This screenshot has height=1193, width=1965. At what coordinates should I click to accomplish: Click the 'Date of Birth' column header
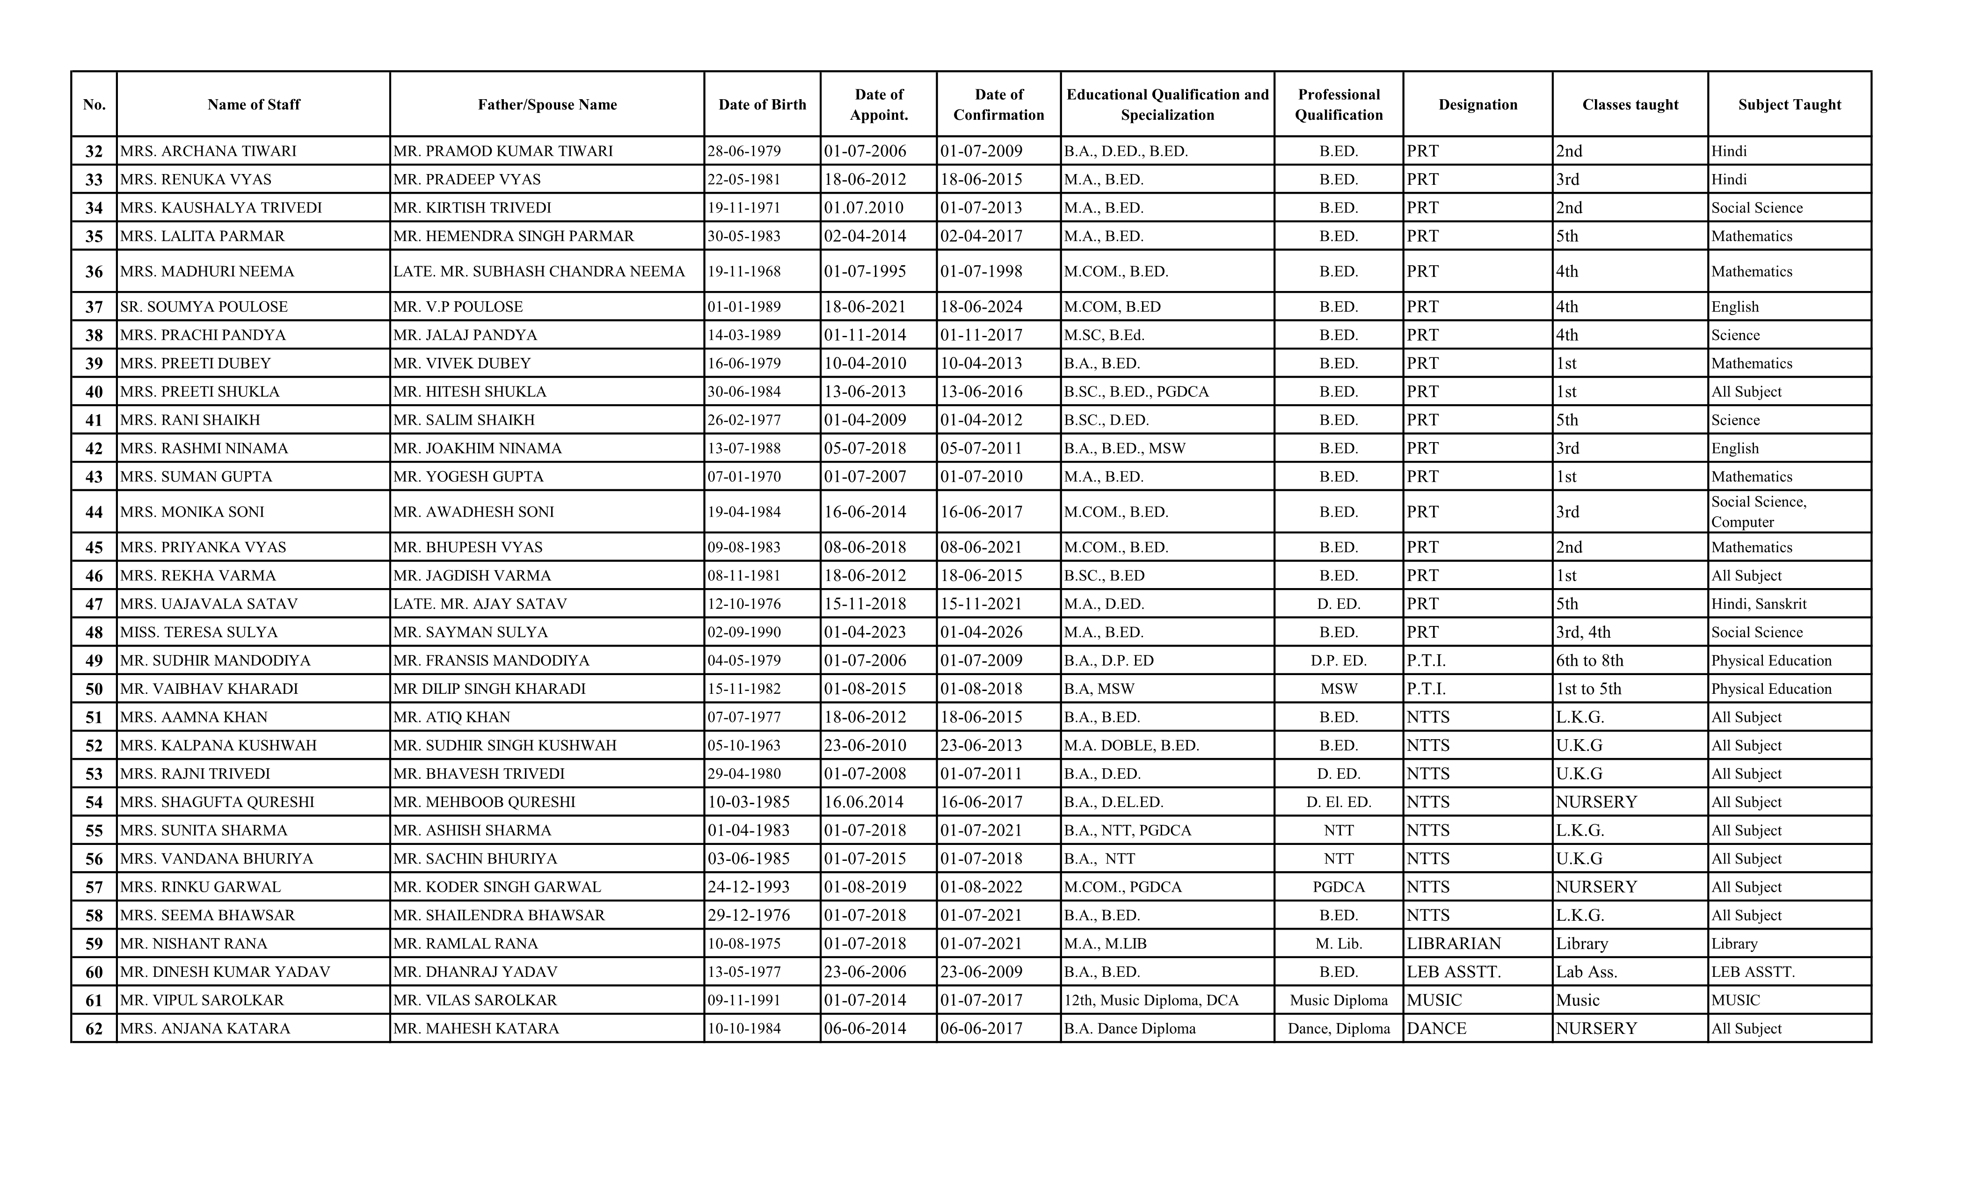click(x=762, y=104)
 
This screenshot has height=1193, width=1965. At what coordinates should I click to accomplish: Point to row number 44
click(x=94, y=512)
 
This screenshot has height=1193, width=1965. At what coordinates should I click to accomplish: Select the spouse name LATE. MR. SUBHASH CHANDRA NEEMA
click(x=539, y=272)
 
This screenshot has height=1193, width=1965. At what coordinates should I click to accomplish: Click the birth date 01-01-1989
click(x=744, y=307)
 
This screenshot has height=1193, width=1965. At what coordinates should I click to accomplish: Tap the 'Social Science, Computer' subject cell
click(x=1759, y=512)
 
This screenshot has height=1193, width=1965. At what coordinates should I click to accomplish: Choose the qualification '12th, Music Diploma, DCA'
click(x=1151, y=1001)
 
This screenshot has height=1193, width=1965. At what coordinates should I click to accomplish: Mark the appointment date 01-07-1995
click(x=865, y=272)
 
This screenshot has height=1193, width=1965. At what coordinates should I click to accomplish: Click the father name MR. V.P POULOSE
click(x=458, y=307)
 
